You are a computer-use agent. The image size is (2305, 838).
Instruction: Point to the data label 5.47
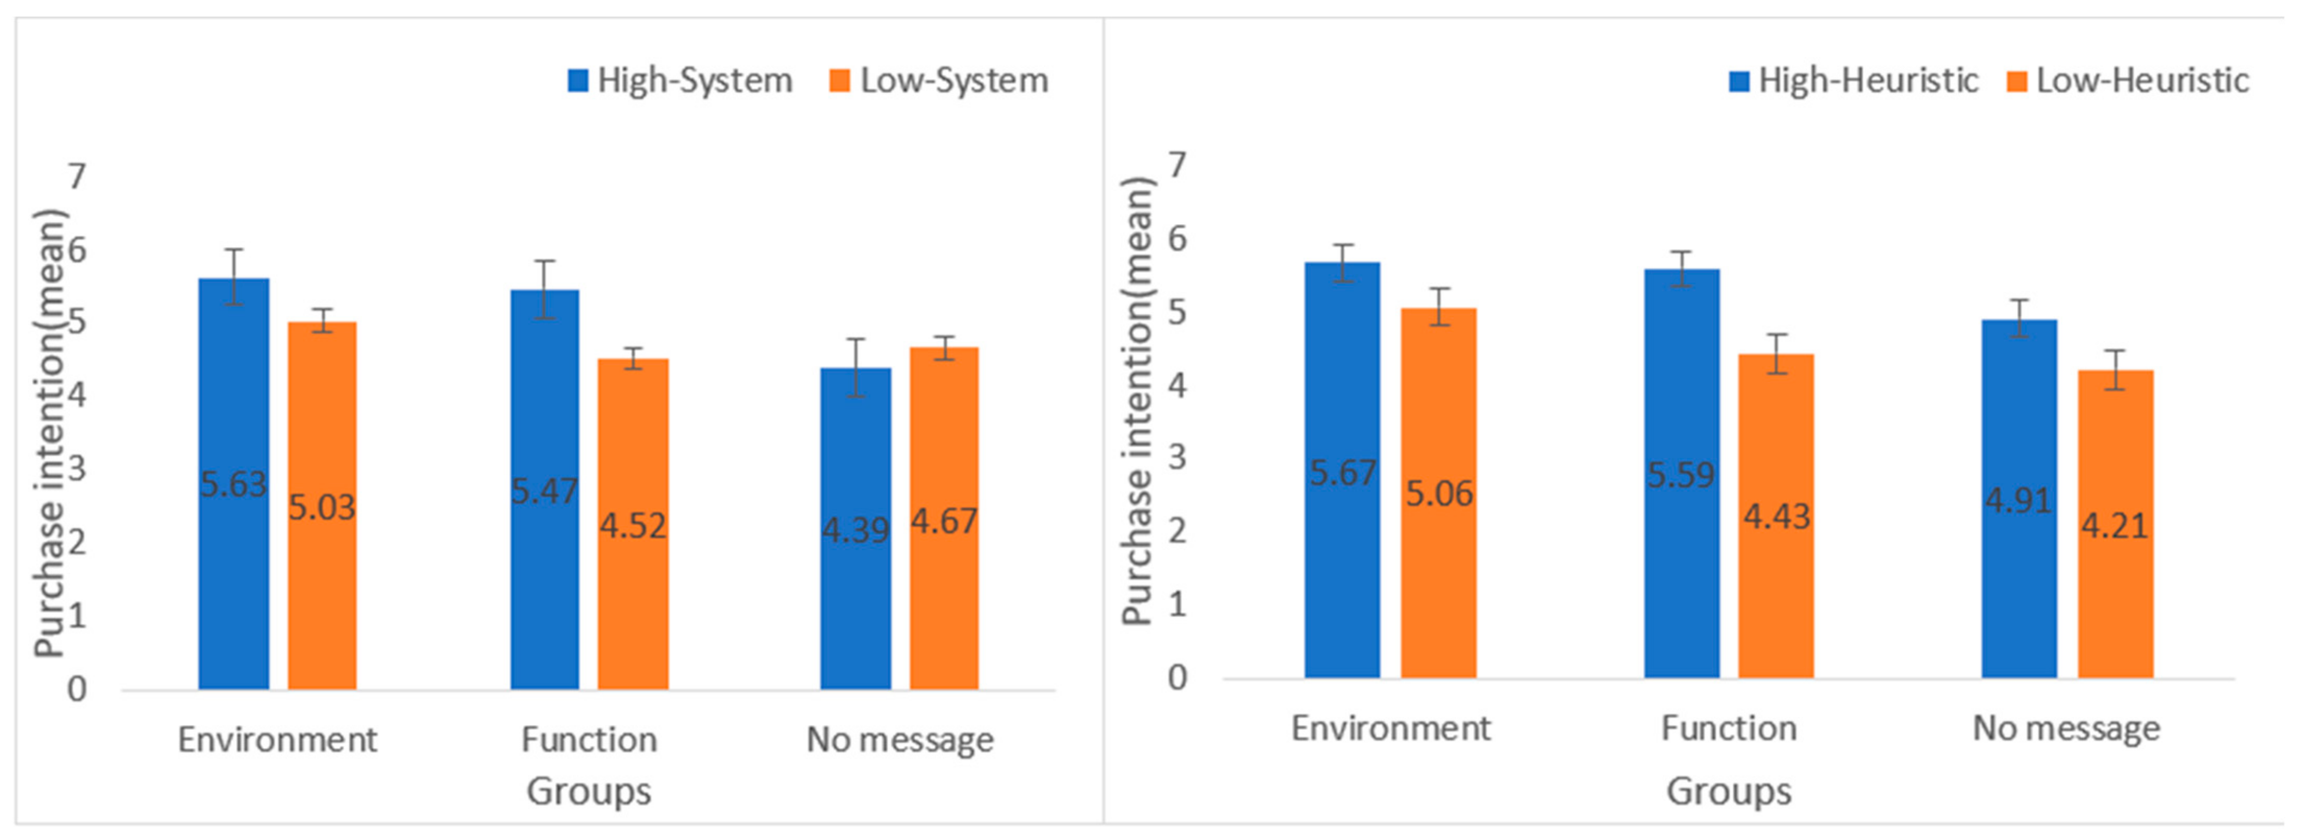[544, 490]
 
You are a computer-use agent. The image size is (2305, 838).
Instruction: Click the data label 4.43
[1776, 516]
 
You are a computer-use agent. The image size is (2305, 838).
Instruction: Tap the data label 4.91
[2018, 500]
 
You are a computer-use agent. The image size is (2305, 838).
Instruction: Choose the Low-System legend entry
[939, 81]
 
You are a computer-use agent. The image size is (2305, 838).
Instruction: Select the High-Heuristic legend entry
[1854, 81]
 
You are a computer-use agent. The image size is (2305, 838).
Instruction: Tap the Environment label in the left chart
[277, 740]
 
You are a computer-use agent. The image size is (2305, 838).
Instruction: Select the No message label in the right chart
[2066, 729]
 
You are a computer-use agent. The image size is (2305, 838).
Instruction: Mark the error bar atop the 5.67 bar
[1342, 262]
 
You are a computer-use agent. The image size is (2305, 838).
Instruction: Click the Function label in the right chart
[1729, 729]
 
